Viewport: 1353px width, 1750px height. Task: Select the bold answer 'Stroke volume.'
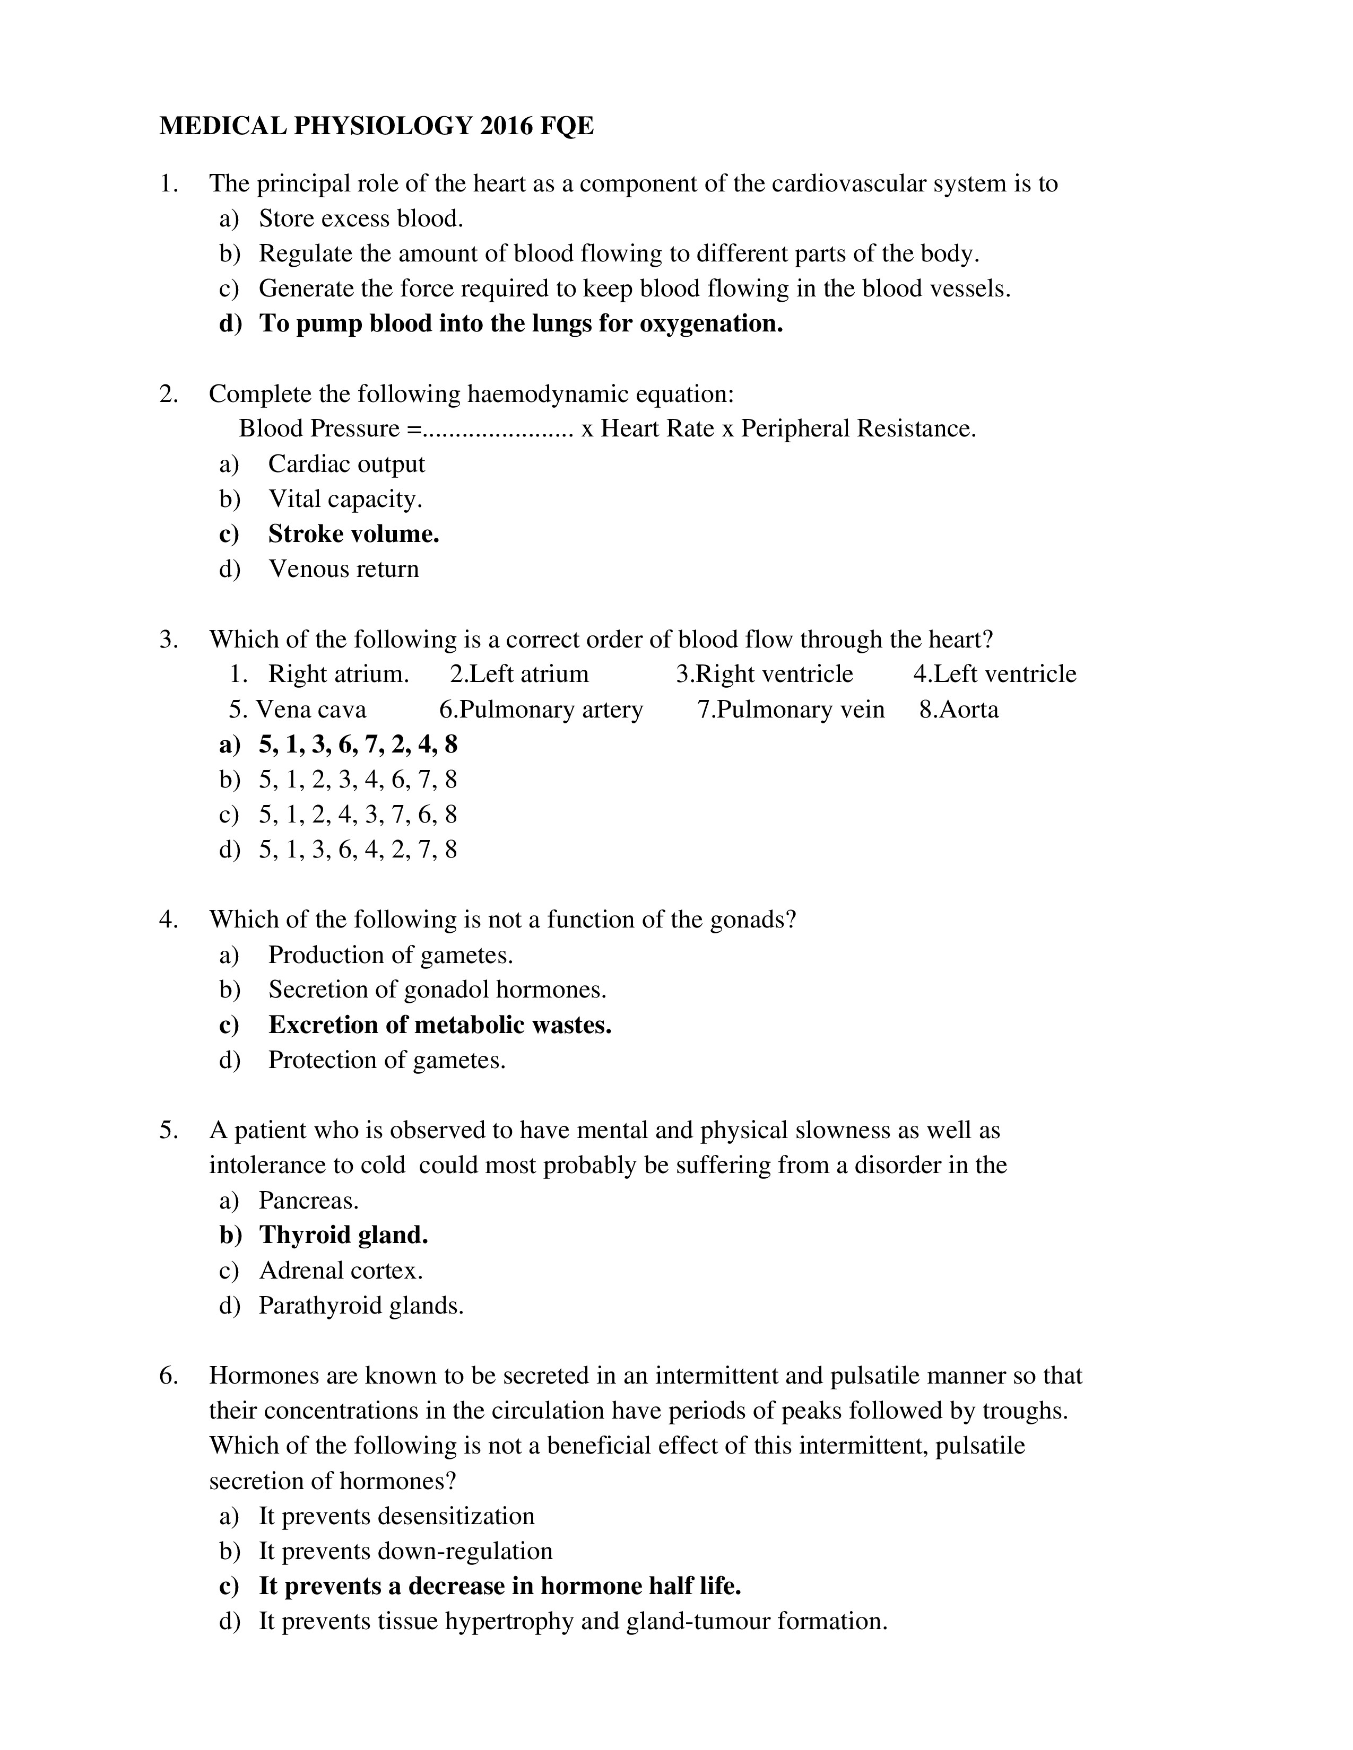click(353, 533)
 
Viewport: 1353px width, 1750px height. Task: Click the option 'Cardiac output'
click(346, 464)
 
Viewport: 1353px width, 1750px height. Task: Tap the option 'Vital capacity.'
click(345, 499)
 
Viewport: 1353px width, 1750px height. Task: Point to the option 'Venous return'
click(343, 569)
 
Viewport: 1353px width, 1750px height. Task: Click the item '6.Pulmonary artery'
click(541, 710)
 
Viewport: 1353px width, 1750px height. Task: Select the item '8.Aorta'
click(959, 710)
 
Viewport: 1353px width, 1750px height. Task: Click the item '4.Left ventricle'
click(995, 674)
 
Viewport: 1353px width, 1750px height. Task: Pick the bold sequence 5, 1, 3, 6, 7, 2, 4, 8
click(358, 745)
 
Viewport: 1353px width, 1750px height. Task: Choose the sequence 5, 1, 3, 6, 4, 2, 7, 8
click(358, 850)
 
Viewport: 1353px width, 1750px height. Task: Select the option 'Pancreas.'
click(309, 1200)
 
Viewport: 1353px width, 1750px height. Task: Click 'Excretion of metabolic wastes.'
click(439, 1025)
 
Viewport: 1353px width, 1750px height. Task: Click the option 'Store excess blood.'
click(361, 218)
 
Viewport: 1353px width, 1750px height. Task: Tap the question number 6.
click(168, 1376)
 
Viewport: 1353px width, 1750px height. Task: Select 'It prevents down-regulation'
click(405, 1551)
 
